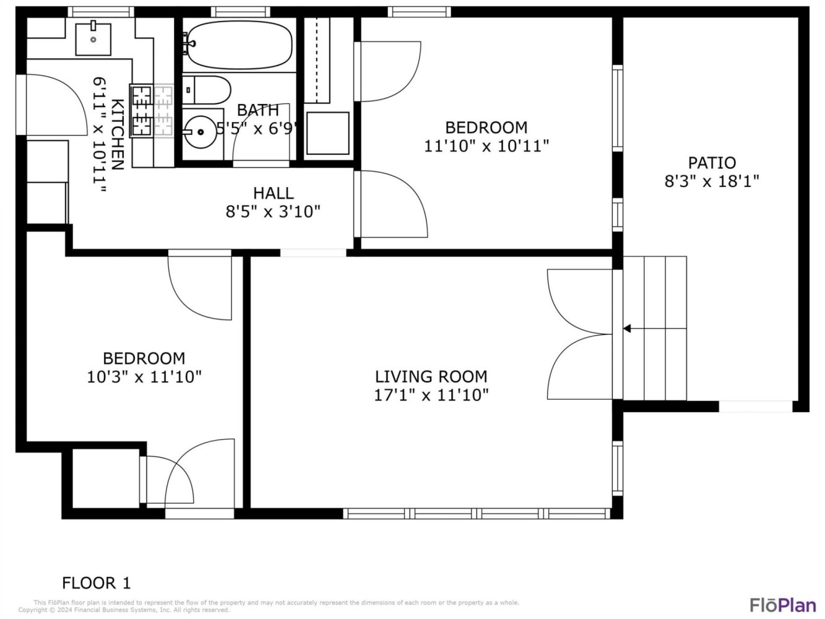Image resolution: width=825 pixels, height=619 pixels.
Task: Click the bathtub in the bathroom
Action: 240,45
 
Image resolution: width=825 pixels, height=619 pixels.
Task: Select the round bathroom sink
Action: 201,132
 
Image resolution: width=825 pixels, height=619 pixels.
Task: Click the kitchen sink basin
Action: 93,39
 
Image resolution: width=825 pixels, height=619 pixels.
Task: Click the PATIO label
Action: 712,163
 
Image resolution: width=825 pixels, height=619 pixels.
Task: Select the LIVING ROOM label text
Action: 431,376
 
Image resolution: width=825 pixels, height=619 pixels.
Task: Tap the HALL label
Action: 273,193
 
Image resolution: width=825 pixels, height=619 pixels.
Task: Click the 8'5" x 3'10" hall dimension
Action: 273,212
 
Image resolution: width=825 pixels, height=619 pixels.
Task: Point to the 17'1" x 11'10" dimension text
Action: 431,395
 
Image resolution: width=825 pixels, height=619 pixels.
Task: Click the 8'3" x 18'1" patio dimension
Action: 712,181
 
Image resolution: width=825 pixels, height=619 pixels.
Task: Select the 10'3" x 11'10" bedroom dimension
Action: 144,376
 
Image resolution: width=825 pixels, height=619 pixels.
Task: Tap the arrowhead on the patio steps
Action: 627,329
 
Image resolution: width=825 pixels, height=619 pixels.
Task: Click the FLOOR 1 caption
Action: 96,583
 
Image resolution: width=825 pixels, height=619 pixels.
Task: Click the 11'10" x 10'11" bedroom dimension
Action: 486,146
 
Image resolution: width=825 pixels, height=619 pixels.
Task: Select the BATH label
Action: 258,110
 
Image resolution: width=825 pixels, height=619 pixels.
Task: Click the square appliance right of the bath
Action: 328,133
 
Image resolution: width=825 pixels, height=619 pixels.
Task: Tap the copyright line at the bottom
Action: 124,610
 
